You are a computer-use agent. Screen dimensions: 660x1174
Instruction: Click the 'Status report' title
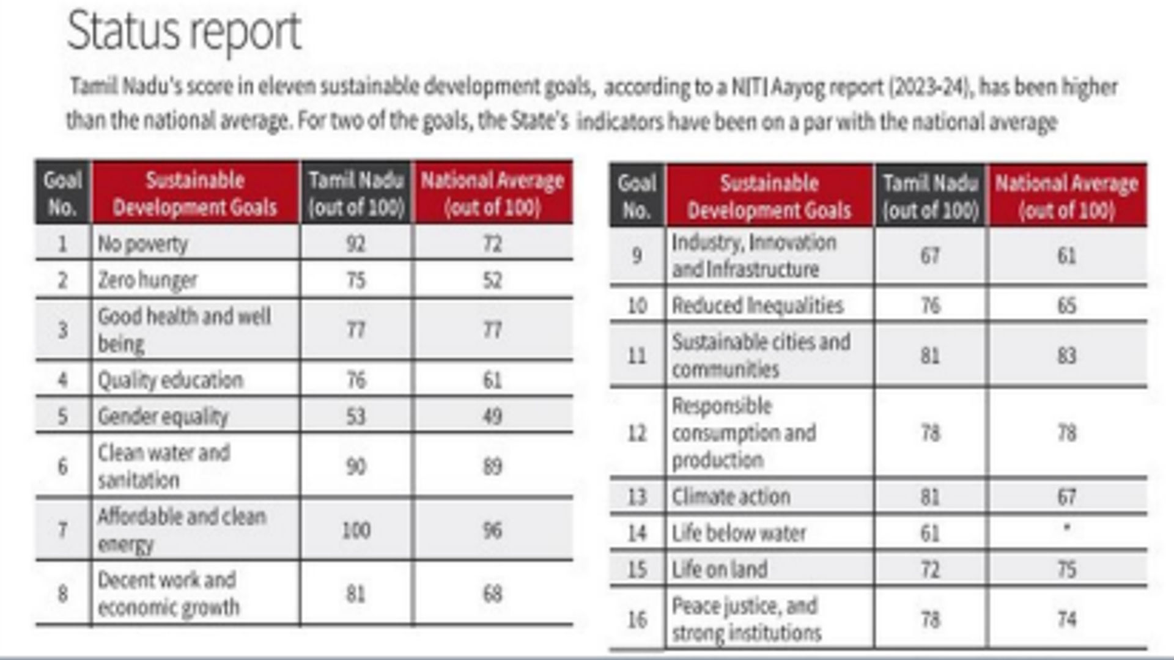[x=183, y=31]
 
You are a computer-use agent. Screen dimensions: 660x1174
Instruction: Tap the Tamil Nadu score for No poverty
[x=356, y=244]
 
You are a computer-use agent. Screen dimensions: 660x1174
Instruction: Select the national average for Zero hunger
[x=492, y=280]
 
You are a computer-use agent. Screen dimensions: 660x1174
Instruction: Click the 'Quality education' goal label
[x=171, y=380]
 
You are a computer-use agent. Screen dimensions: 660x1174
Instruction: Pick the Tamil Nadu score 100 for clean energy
[x=356, y=530]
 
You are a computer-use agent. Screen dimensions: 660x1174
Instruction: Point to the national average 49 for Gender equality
[x=492, y=416]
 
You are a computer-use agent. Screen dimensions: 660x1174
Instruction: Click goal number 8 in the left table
[x=62, y=593]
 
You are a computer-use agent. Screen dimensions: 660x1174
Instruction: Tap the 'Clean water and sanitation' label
[x=164, y=466]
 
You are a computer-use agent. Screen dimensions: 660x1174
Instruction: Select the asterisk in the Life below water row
[x=1066, y=527]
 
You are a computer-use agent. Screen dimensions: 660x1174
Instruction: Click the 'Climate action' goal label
[x=731, y=497]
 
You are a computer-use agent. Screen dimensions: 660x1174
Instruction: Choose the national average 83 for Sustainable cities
[x=1066, y=356]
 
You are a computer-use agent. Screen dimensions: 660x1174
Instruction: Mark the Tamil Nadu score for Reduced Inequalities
[x=930, y=305]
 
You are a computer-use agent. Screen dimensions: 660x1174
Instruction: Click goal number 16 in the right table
[x=637, y=620]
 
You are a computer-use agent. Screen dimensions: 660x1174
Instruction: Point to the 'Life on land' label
[x=720, y=570]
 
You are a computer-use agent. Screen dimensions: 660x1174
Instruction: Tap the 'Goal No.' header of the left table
[x=62, y=193]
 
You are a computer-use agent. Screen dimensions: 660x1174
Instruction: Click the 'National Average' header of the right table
[x=1066, y=196]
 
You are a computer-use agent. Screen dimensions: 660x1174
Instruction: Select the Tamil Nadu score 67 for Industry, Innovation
[x=930, y=255]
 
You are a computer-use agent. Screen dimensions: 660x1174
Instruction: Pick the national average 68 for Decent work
[x=492, y=593]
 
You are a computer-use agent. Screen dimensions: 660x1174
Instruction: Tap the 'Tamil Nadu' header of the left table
[x=356, y=193]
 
